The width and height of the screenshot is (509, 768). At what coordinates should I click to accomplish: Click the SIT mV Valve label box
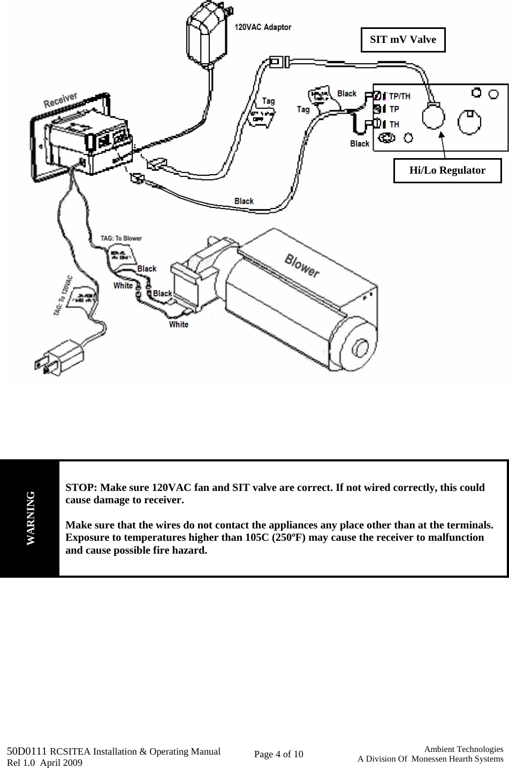pyautogui.click(x=403, y=40)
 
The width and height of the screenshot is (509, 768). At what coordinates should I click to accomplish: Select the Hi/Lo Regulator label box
pyautogui.click(x=447, y=170)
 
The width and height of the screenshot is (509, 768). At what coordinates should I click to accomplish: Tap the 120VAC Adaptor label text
pyautogui.click(x=263, y=27)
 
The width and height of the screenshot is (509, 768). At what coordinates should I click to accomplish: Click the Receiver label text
pyautogui.click(x=60, y=100)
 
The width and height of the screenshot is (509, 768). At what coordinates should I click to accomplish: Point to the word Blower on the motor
pyautogui.click(x=302, y=266)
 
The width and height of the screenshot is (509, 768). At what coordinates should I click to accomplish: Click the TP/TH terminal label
pyautogui.click(x=400, y=96)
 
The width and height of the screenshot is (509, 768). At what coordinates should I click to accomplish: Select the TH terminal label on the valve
pyautogui.click(x=394, y=124)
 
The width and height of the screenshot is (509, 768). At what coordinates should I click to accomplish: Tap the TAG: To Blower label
pyautogui.click(x=121, y=238)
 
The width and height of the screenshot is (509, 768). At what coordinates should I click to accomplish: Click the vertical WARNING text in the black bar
pyautogui.click(x=31, y=518)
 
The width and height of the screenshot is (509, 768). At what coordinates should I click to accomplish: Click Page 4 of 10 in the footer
pyautogui.click(x=278, y=754)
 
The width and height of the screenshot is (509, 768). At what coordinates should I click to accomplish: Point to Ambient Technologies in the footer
pyautogui.click(x=464, y=749)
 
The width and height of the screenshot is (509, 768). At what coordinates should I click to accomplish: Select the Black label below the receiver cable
pyautogui.click(x=244, y=201)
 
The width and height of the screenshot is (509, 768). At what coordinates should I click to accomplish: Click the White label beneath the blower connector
pyautogui.click(x=179, y=324)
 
